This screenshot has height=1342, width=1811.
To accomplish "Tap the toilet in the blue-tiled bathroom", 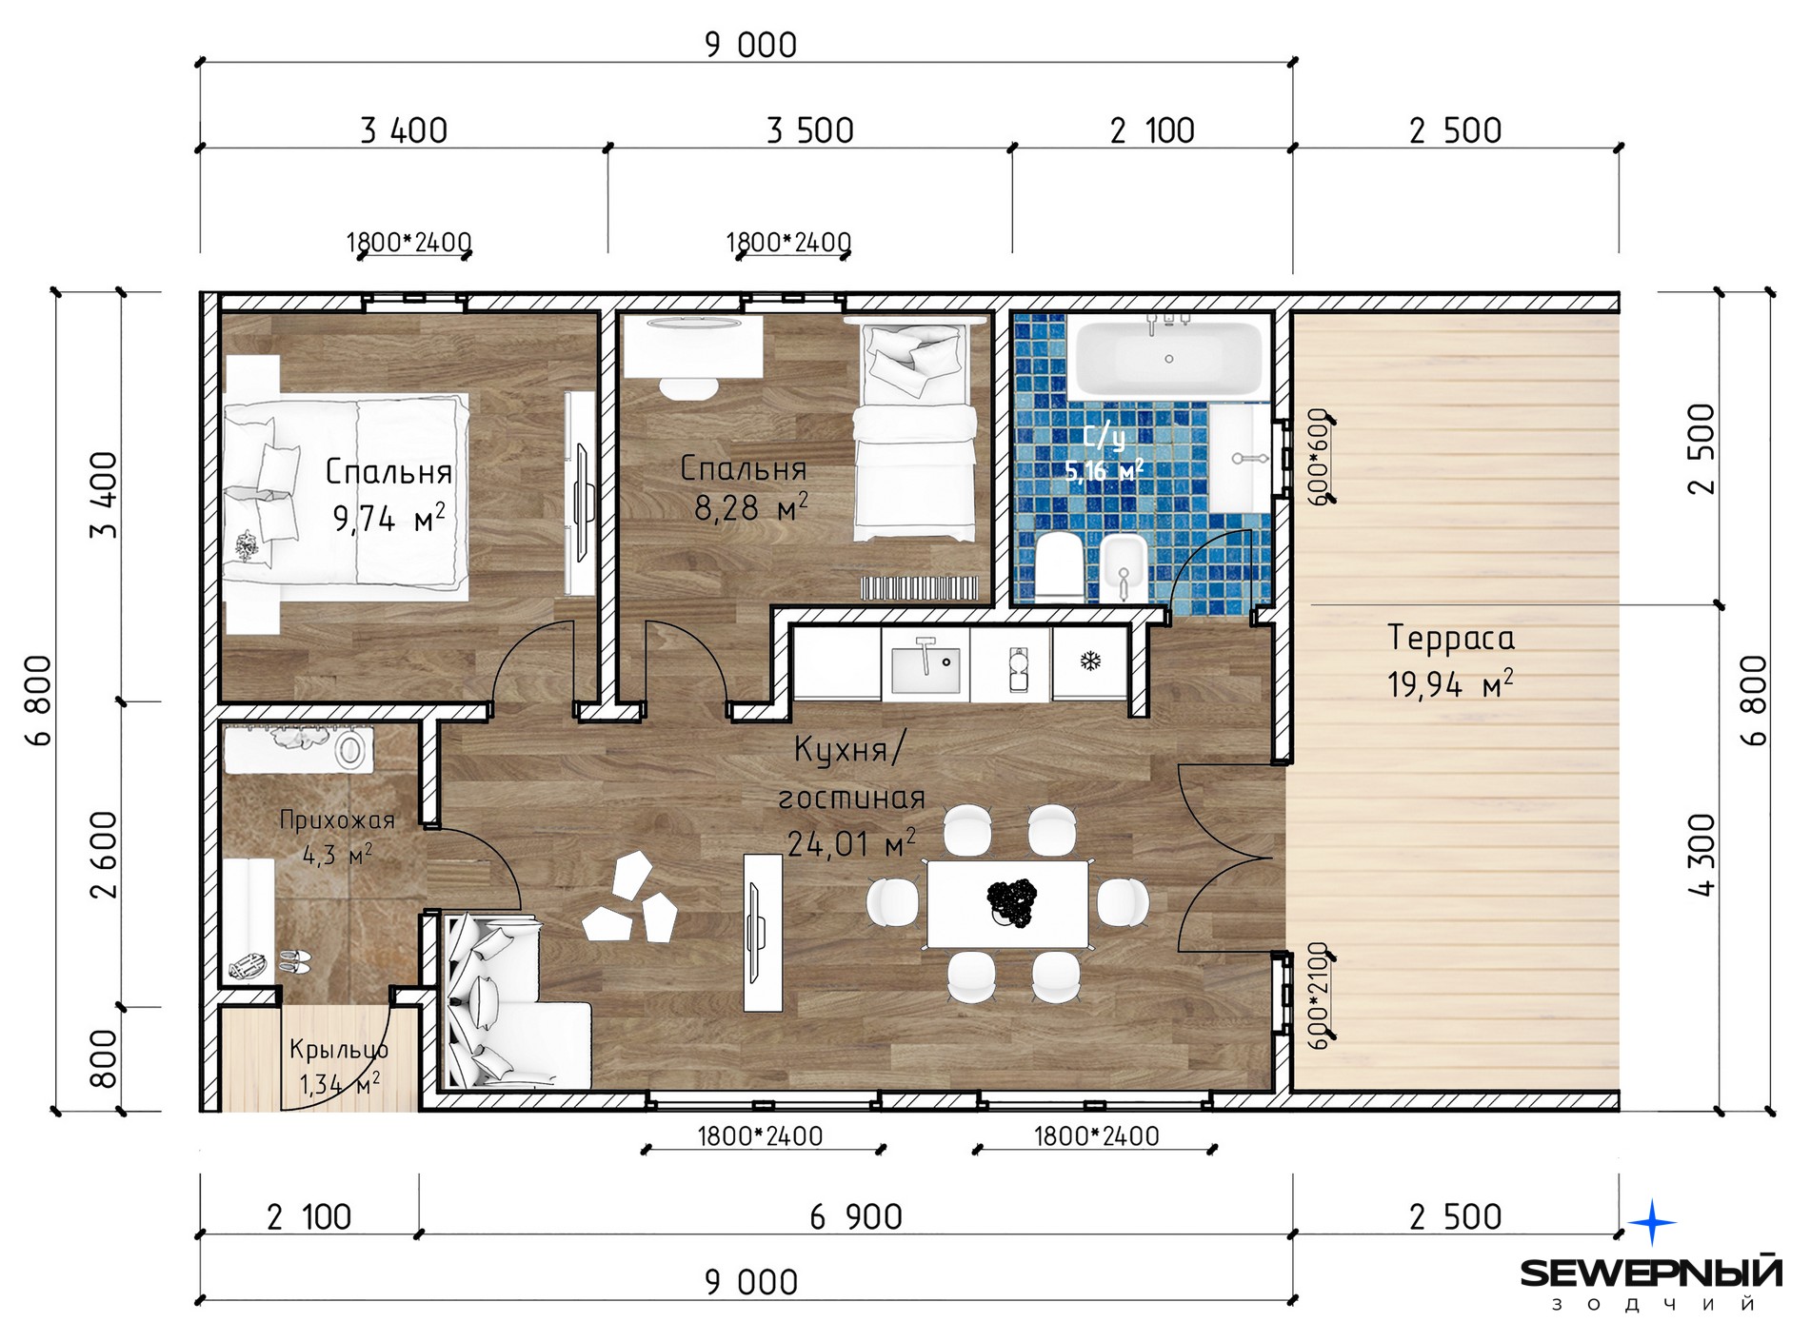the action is [1058, 568].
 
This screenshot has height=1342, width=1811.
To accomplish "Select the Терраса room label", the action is [1450, 638].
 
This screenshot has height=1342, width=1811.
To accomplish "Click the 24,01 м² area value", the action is [851, 842].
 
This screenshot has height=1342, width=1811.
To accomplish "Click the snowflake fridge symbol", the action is [1090, 661].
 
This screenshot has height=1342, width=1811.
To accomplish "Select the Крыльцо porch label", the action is [338, 1049].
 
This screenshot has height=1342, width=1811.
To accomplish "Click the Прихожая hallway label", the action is [337, 819].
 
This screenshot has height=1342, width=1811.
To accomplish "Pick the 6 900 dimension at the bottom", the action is [856, 1216].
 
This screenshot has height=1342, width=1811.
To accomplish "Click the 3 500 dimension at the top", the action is [810, 130].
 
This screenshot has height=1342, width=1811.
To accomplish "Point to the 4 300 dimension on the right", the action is [1701, 855].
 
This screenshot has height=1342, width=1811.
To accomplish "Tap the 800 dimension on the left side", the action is [103, 1058].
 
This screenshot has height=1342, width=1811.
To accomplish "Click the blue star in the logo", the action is [1653, 1222].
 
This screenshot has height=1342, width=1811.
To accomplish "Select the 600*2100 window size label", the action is [1318, 996].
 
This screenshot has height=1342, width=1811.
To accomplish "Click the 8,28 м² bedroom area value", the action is [751, 507].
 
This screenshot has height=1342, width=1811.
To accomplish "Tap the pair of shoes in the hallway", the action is [295, 961].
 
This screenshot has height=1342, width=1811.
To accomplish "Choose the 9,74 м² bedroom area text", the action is [388, 519].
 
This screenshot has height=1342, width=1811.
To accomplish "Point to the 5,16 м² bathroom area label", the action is [1105, 470].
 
